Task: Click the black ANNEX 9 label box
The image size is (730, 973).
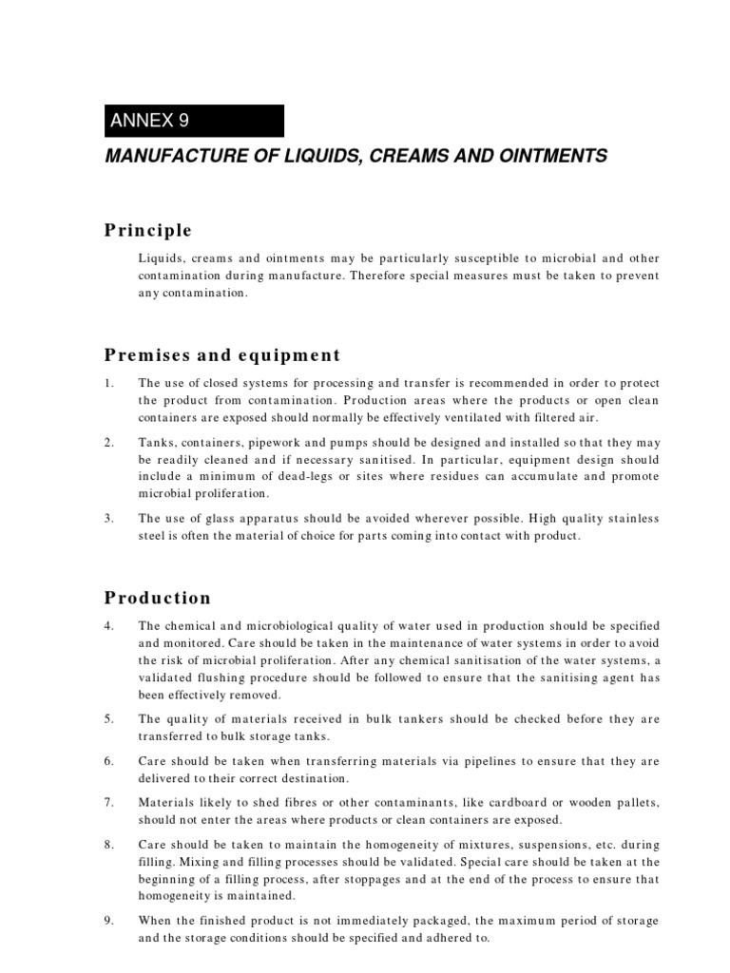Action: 194,121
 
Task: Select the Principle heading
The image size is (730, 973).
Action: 148,231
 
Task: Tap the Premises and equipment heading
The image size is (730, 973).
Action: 221,355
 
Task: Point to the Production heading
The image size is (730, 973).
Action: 157,598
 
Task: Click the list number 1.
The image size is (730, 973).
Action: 109,383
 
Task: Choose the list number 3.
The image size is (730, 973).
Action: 109,518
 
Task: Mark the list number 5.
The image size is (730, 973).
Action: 109,719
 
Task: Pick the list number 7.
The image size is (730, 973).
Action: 109,803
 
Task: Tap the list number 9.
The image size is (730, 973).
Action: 109,921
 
